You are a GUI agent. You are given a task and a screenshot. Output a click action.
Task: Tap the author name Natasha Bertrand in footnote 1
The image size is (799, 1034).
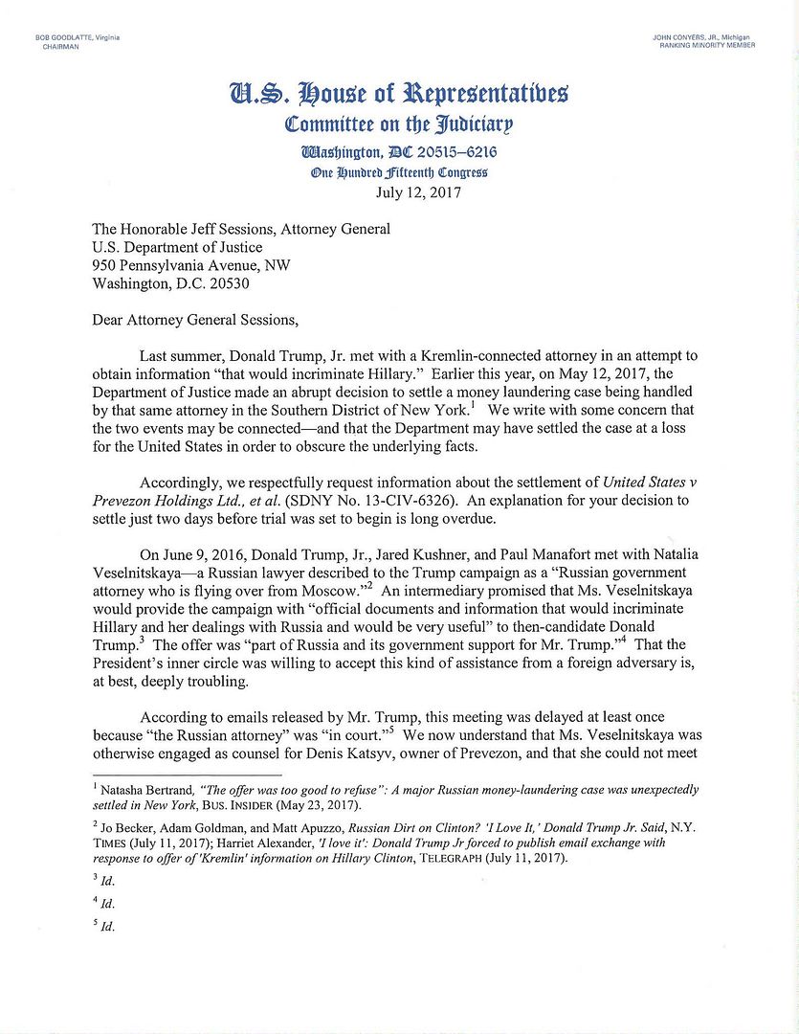click(x=144, y=790)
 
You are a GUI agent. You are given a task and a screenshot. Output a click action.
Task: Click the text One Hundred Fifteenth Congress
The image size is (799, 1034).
click(x=399, y=172)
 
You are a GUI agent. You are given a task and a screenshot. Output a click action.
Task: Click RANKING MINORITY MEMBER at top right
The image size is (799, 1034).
click(x=706, y=46)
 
